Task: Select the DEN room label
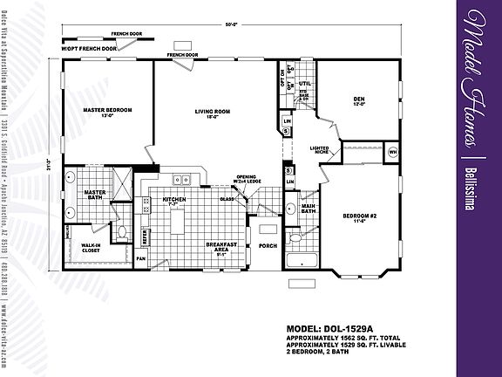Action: click(x=357, y=102)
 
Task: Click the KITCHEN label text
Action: click(x=174, y=200)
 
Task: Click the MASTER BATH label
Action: click(x=93, y=195)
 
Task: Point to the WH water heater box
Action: click(x=392, y=152)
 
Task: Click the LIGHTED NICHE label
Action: click(x=319, y=150)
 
